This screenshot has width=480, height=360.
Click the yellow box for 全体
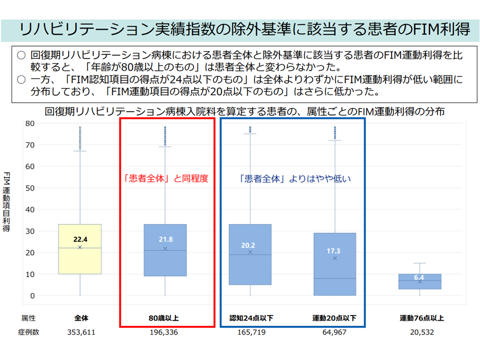[80, 260]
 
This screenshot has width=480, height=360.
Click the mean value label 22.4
[80, 239]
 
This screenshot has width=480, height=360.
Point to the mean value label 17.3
[334, 250]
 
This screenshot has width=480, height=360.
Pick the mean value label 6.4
[419, 277]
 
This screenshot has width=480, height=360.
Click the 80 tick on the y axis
[30, 123]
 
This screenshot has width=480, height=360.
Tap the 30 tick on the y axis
[30, 231]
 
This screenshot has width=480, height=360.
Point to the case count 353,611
[80, 331]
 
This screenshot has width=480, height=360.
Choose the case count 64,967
[334, 331]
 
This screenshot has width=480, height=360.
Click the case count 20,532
[419, 331]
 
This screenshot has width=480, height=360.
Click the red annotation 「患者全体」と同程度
[165, 178]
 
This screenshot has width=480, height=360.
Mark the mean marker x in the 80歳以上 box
[165, 248]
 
